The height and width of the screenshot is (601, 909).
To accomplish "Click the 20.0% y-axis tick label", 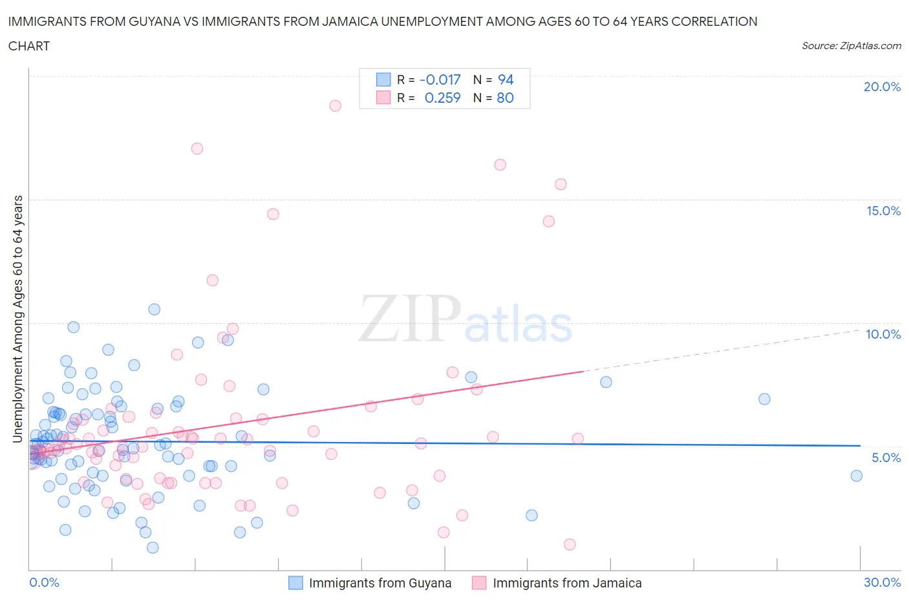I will click(x=882, y=87).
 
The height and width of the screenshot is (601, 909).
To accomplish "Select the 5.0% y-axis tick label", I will click(x=886, y=458).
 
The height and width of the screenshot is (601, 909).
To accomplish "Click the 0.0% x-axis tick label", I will click(x=44, y=582).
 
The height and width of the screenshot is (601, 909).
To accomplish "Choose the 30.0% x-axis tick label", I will click(x=882, y=582).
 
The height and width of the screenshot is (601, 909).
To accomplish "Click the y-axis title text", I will click(x=17, y=319).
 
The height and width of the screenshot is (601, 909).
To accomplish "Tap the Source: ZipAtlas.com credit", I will click(x=851, y=46).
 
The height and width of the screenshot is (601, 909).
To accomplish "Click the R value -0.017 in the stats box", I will click(x=440, y=79).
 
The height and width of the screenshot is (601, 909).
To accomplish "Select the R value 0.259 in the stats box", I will click(x=442, y=98).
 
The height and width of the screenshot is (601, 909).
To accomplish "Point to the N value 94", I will click(x=506, y=79).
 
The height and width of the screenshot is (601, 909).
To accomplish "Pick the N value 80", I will click(x=505, y=98).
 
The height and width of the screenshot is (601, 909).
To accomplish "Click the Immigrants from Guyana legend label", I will click(x=380, y=583).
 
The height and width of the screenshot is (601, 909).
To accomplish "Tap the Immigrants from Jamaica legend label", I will click(x=567, y=583).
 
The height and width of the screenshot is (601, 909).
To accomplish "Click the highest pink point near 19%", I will click(x=335, y=105).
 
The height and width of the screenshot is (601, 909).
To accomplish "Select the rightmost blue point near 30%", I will click(x=857, y=476).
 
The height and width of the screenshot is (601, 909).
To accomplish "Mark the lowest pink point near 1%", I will click(x=570, y=544).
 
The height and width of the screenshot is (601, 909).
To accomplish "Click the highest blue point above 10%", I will click(x=154, y=309).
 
